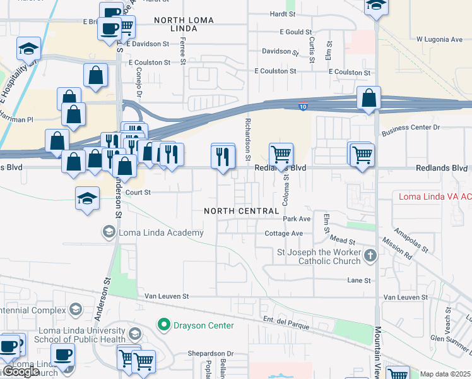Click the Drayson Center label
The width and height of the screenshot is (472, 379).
[x=204, y=325]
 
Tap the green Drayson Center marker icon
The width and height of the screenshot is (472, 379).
[x=164, y=325]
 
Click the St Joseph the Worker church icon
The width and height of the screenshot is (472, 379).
[x=370, y=256]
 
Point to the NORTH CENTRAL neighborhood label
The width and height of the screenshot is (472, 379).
[x=242, y=210]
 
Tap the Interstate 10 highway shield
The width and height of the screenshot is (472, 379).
[x=304, y=106]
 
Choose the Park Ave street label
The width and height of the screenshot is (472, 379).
[x=297, y=219]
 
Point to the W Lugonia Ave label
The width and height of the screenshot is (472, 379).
[x=439, y=39]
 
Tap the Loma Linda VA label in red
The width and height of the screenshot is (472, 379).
[x=435, y=196]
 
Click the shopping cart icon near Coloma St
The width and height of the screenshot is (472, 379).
[x=281, y=153]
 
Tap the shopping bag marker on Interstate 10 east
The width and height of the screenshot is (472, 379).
[x=369, y=98]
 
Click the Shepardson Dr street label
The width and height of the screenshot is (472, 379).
[x=210, y=354]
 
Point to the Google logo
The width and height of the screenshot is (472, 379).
[x=20, y=371]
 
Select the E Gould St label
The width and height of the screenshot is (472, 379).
[x=295, y=32]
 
